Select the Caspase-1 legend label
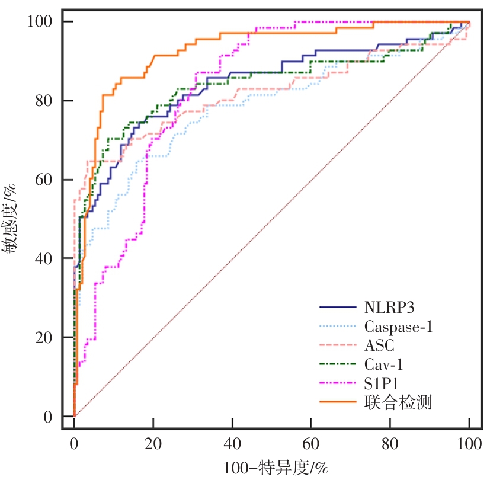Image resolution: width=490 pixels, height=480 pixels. point(396,326)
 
